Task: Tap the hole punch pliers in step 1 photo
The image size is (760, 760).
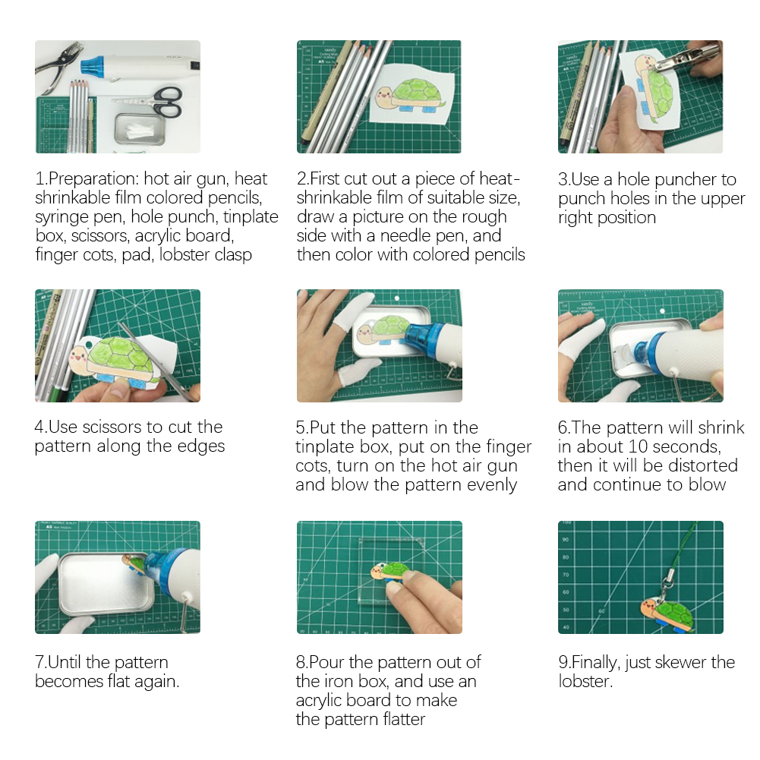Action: tap(58, 66)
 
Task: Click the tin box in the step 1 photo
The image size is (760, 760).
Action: tap(140, 129)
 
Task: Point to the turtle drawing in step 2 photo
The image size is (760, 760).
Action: tap(410, 98)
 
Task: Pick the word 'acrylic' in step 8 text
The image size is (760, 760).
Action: tap(323, 700)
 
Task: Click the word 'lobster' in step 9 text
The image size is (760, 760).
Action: tap(584, 681)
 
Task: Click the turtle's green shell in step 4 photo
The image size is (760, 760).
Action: tap(123, 357)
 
